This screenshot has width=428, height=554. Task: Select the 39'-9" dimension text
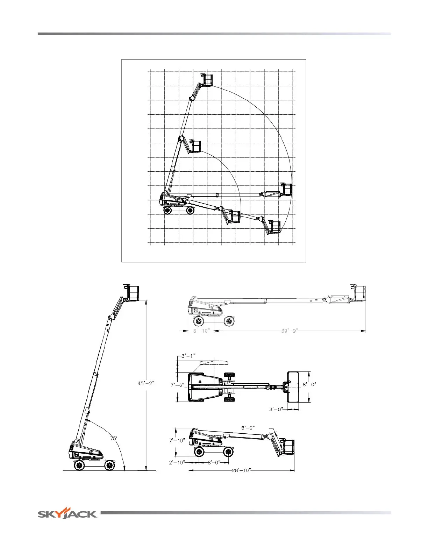coord(290,331)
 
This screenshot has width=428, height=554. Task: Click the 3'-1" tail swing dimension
coord(188,356)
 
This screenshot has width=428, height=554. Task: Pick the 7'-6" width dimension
coord(177,385)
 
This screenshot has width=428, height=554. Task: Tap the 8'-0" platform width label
coord(309,384)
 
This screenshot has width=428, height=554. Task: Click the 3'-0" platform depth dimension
coord(276,410)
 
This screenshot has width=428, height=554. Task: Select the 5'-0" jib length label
coord(248,428)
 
